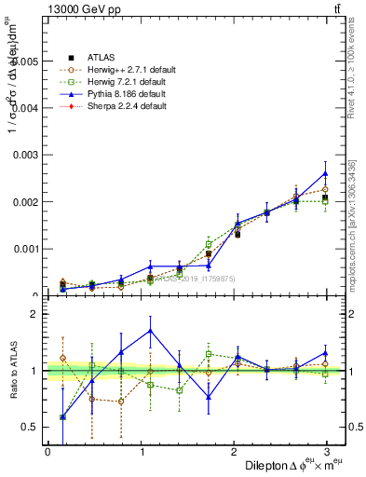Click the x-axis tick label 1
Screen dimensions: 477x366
pyautogui.click(x=140, y=452)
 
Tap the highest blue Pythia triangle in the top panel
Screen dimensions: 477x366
pyautogui.click(x=325, y=173)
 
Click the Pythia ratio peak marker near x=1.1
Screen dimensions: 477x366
pyautogui.click(x=151, y=331)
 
